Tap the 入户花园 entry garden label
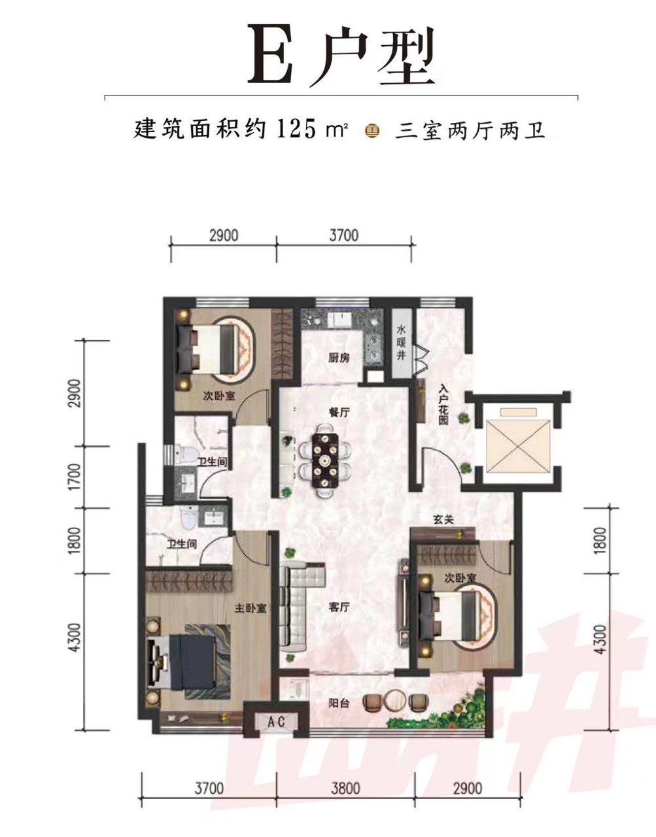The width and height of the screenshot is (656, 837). point(443,405)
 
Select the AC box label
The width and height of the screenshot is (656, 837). point(277,721)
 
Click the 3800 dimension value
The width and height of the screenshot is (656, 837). point(344,788)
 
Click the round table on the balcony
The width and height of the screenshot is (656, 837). point(396,700)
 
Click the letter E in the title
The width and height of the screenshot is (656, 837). point(269,54)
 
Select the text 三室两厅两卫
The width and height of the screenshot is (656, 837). point(470,130)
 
